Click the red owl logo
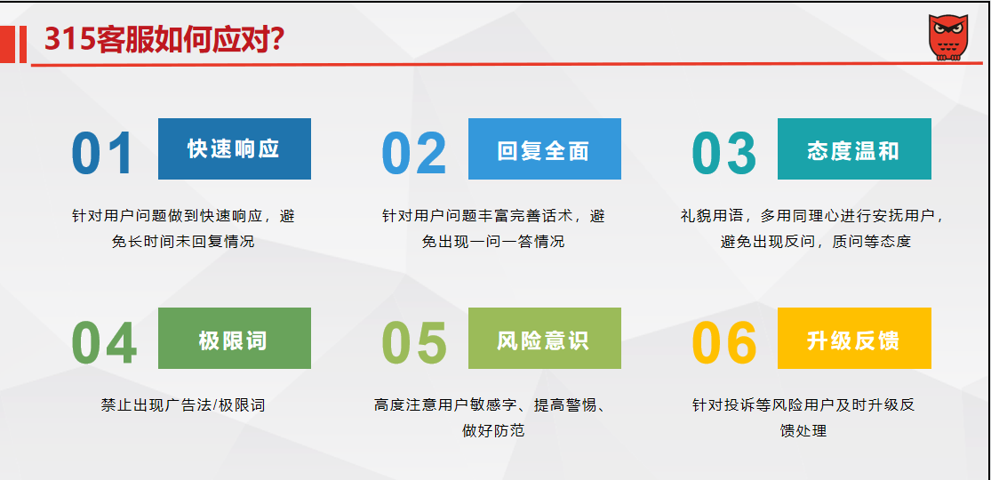click(x=948, y=38)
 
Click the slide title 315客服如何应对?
click(x=164, y=40)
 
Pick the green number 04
click(x=104, y=343)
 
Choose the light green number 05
click(x=414, y=343)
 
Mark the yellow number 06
click(x=724, y=343)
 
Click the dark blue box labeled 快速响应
click(x=235, y=148)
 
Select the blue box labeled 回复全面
click(x=545, y=148)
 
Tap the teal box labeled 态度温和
click(x=854, y=148)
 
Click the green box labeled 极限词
click(x=235, y=339)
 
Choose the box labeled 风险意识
click(x=545, y=339)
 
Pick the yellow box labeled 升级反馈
click(x=854, y=339)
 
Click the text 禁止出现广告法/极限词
click(x=183, y=404)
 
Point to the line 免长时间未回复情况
click(x=183, y=242)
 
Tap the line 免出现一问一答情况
click(x=493, y=242)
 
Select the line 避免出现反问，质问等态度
click(x=815, y=242)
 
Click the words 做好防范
click(x=493, y=431)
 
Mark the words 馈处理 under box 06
click(x=803, y=431)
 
